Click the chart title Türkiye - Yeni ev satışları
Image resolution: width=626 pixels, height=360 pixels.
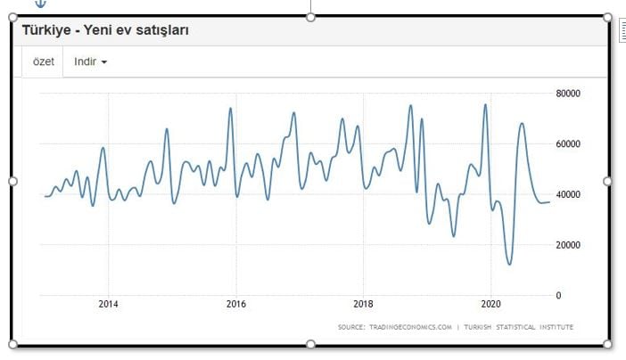(x=104, y=30)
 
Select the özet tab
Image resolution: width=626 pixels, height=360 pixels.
(x=43, y=61)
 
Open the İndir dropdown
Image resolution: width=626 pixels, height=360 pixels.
(x=90, y=61)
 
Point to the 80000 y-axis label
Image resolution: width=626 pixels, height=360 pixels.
(x=568, y=93)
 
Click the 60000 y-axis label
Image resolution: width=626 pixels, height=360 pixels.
(x=568, y=143)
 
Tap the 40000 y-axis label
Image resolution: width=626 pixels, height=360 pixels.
(x=568, y=194)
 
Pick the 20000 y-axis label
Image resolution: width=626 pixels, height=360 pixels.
(x=568, y=245)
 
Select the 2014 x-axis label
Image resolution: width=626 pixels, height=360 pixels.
(x=108, y=303)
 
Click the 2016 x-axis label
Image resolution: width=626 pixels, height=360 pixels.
(x=235, y=303)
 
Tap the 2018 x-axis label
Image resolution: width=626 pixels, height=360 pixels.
(x=363, y=303)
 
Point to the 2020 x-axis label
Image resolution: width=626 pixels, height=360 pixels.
(x=490, y=303)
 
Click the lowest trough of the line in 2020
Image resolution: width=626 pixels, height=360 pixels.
(x=509, y=264)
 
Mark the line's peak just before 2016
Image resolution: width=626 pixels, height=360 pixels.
(x=230, y=109)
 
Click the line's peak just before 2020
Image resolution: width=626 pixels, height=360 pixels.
(x=485, y=105)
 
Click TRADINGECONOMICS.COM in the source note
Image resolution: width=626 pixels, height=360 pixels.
(x=409, y=327)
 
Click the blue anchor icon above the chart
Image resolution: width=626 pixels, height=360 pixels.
(x=39, y=4)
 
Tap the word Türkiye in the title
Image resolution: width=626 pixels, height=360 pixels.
(x=46, y=30)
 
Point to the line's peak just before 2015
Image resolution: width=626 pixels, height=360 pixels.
(x=166, y=129)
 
